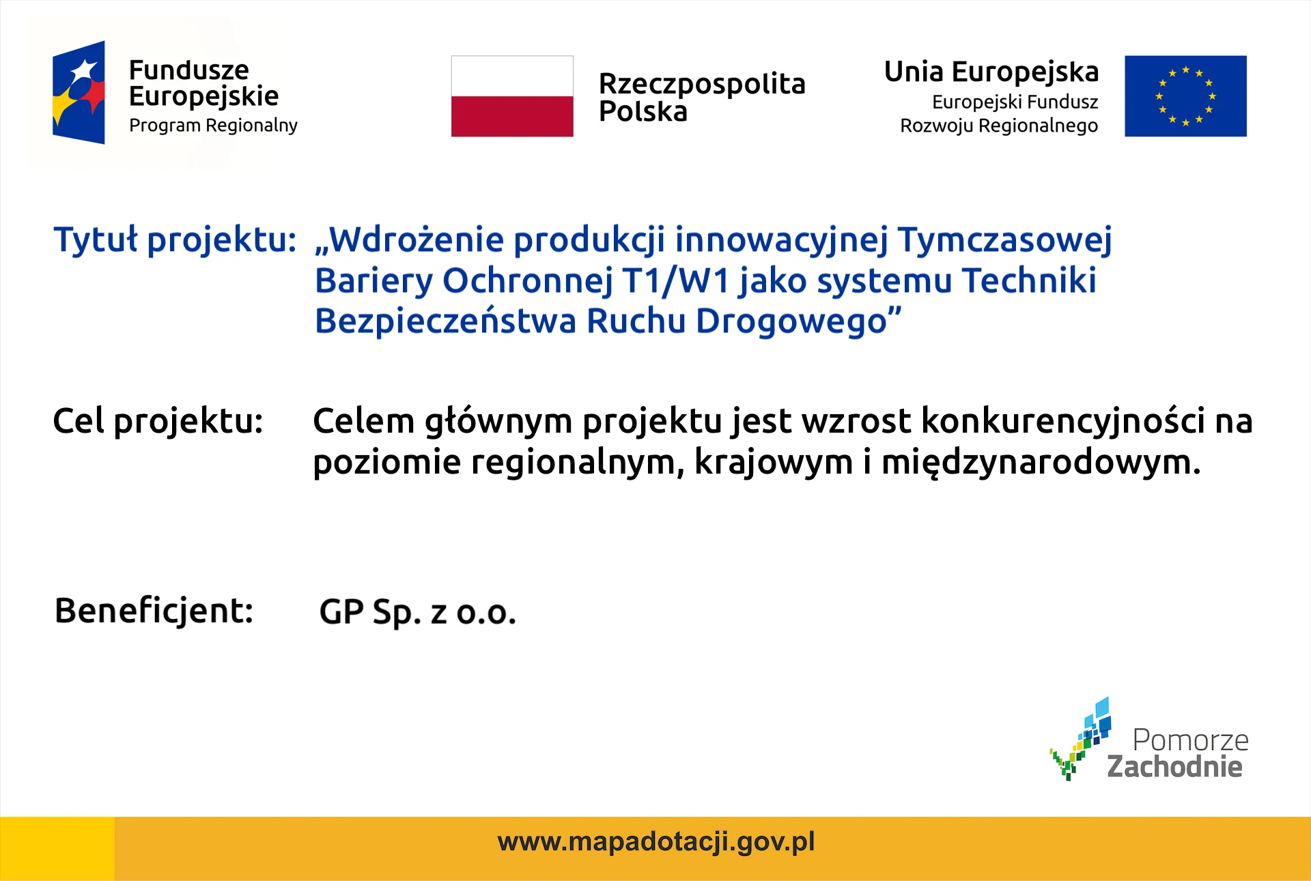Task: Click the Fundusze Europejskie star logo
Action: pyautogui.click(x=79, y=92)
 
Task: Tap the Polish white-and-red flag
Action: pyautogui.click(x=512, y=96)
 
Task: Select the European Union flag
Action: pyautogui.click(x=1185, y=96)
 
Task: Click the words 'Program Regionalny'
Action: pyautogui.click(x=213, y=126)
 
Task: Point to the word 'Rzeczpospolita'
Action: pyautogui.click(x=702, y=85)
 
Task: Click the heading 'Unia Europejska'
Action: pyautogui.click(x=991, y=72)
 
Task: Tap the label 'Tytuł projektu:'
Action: pyautogui.click(x=175, y=240)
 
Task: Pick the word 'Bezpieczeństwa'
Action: pyautogui.click(x=445, y=321)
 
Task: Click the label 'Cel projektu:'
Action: pyautogui.click(x=158, y=421)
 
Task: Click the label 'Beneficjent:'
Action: pyautogui.click(x=154, y=611)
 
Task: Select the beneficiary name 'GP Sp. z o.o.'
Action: pyautogui.click(x=418, y=612)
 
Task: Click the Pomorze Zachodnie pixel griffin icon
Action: pyautogui.click(x=1082, y=739)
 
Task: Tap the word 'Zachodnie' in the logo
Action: pyautogui.click(x=1174, y=766)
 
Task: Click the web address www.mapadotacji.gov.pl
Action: pyautogui.click(x=656, y=842)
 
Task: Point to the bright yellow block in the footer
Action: pyautogui.click(x=57, y=848)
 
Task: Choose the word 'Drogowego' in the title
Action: pyautogui.click(x=791, y=321)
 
